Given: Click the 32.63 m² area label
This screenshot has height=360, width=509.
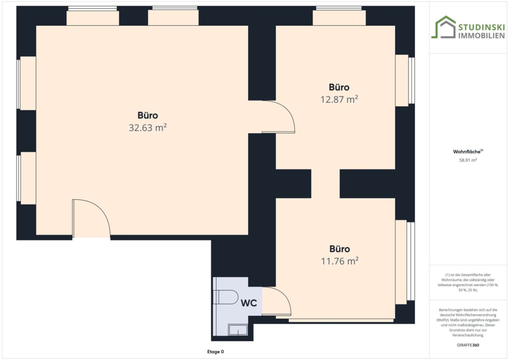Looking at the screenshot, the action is click(148, 128).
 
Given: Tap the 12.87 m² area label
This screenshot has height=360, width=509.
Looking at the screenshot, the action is click(339, 99).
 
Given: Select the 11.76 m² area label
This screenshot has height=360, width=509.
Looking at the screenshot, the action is click(339, 261).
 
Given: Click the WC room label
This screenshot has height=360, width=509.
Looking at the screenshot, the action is click(249, 303).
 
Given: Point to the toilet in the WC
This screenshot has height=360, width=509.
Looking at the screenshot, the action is click(226, 297).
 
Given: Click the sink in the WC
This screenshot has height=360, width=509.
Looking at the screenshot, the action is click(238, 330).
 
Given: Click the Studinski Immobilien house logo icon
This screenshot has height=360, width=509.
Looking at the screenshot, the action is click(443, 27).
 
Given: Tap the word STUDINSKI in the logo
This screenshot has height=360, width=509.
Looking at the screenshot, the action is click(481, 27).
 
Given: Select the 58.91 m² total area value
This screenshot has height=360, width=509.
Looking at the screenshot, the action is click(468, 160).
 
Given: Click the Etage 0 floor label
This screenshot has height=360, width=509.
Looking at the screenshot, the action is click(216, 352).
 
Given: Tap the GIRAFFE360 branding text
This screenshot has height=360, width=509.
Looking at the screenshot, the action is click(468, 345).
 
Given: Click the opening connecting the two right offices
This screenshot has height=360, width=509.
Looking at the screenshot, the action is click(325, 184).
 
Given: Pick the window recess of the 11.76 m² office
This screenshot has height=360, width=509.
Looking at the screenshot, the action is click(401, 262).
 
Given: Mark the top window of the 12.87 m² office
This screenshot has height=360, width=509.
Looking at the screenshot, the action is click(339, 16).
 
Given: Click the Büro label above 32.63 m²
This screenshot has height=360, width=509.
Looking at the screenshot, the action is click(148, 115).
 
